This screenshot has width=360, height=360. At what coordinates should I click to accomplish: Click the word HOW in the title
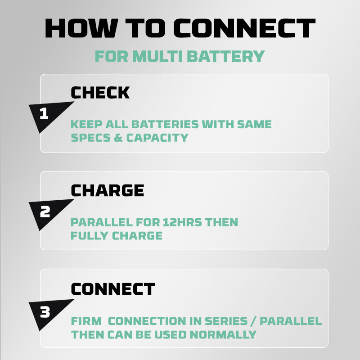81,28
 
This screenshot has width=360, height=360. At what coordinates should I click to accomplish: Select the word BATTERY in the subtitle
226,56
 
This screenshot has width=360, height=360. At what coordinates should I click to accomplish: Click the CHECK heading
100,93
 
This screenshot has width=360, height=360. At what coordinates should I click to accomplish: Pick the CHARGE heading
108,190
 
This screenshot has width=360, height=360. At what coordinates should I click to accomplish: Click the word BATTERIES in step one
165,125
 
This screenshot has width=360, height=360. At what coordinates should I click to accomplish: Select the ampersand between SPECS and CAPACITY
118,138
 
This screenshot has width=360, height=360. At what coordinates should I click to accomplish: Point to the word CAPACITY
157,138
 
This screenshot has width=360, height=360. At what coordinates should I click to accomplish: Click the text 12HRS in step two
182,222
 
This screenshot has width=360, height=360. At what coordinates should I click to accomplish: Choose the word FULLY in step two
89,235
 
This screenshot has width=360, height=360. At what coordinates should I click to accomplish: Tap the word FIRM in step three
86,321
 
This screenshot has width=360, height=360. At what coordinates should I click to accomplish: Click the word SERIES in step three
226,321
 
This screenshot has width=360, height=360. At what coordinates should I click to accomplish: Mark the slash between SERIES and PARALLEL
253,321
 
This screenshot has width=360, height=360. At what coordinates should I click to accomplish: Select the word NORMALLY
223,334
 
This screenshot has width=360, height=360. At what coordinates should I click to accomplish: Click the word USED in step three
170,334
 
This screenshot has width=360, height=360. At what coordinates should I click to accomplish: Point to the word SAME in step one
254,125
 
